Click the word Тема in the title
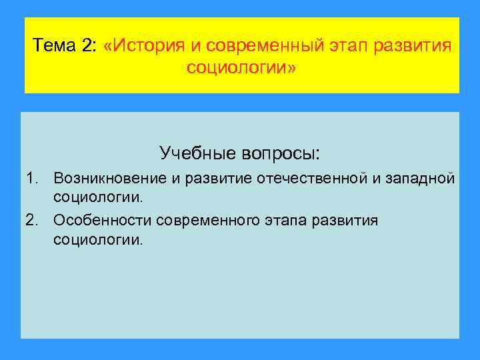tap(55, 47)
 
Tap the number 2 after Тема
tap(89, 47)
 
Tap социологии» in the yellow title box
tap(241, 69)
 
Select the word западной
tap(418, 178)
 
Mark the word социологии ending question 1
tap(97, 197)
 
